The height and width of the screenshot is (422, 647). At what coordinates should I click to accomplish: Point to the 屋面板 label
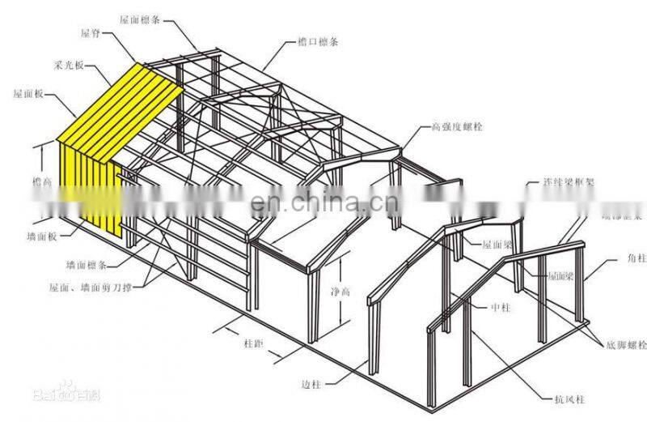(27, 93)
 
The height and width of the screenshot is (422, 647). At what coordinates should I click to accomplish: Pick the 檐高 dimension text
(40, 182)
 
